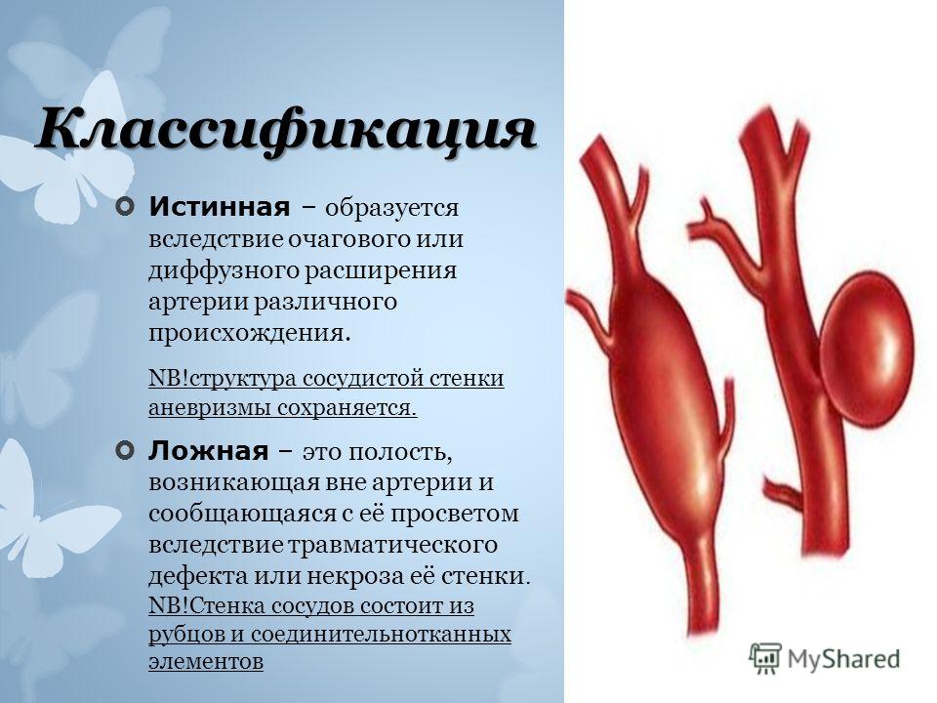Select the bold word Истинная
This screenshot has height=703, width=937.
click(220, 207)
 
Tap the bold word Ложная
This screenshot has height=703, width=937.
click(209, 451)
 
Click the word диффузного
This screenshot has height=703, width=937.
click(224, 270)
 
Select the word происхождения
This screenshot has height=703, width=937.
click(246, 333)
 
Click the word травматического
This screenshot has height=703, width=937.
click(393, 545)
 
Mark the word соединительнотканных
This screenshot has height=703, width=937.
click(381, 635)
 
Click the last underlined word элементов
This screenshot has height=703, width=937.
click(206, 662)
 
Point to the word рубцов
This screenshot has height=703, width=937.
click(185, 635)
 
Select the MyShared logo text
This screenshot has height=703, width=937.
click(843, 659)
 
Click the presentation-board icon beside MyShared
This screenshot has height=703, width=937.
click(764, 658)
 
